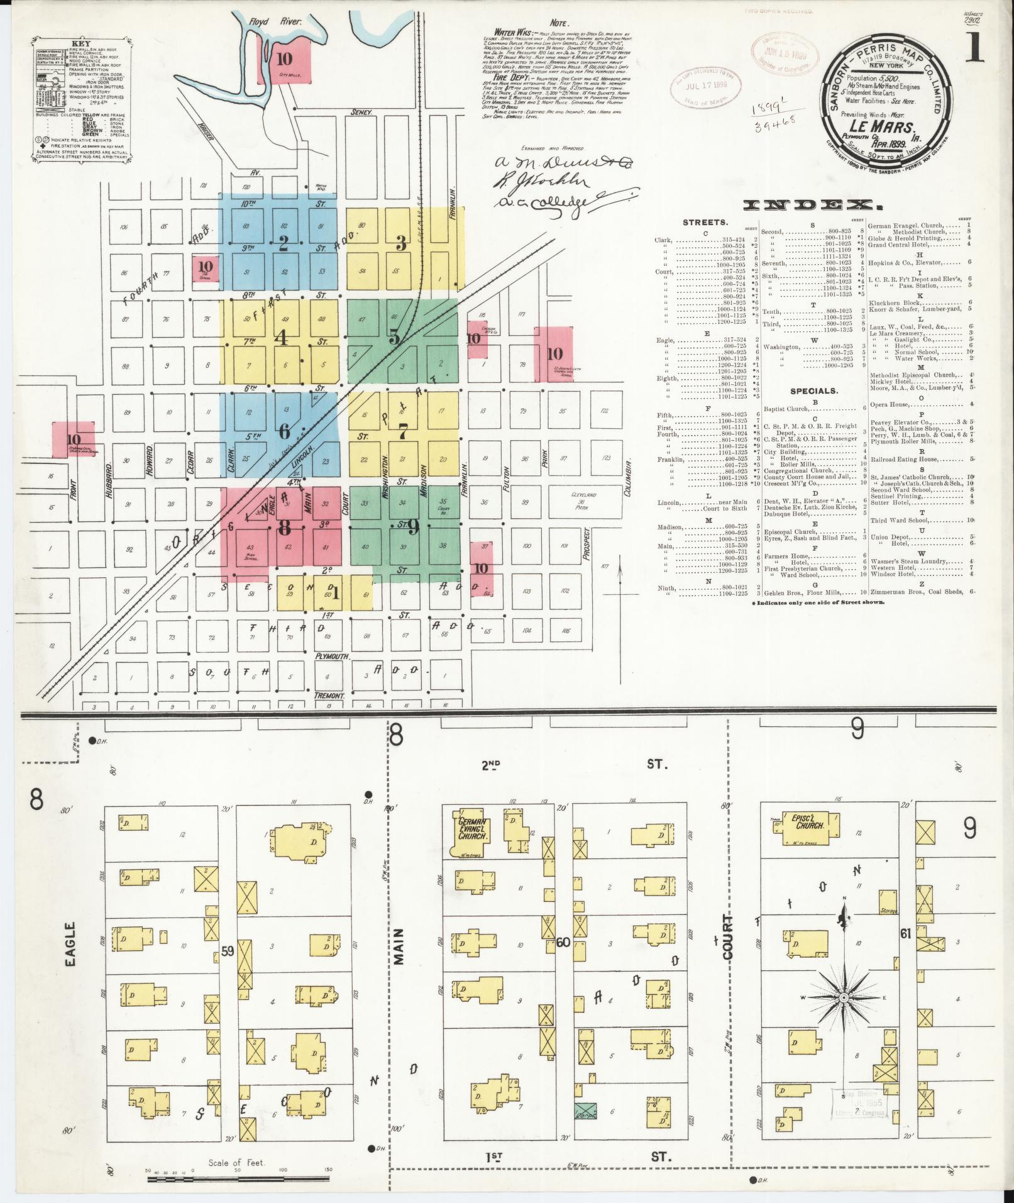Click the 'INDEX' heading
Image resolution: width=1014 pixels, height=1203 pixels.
point(811,206)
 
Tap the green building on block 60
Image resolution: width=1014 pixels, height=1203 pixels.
point(586,1110)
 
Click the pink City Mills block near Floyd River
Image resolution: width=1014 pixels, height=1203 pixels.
point(284,60)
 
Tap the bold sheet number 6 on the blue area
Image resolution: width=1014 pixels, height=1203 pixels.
point(284,431)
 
